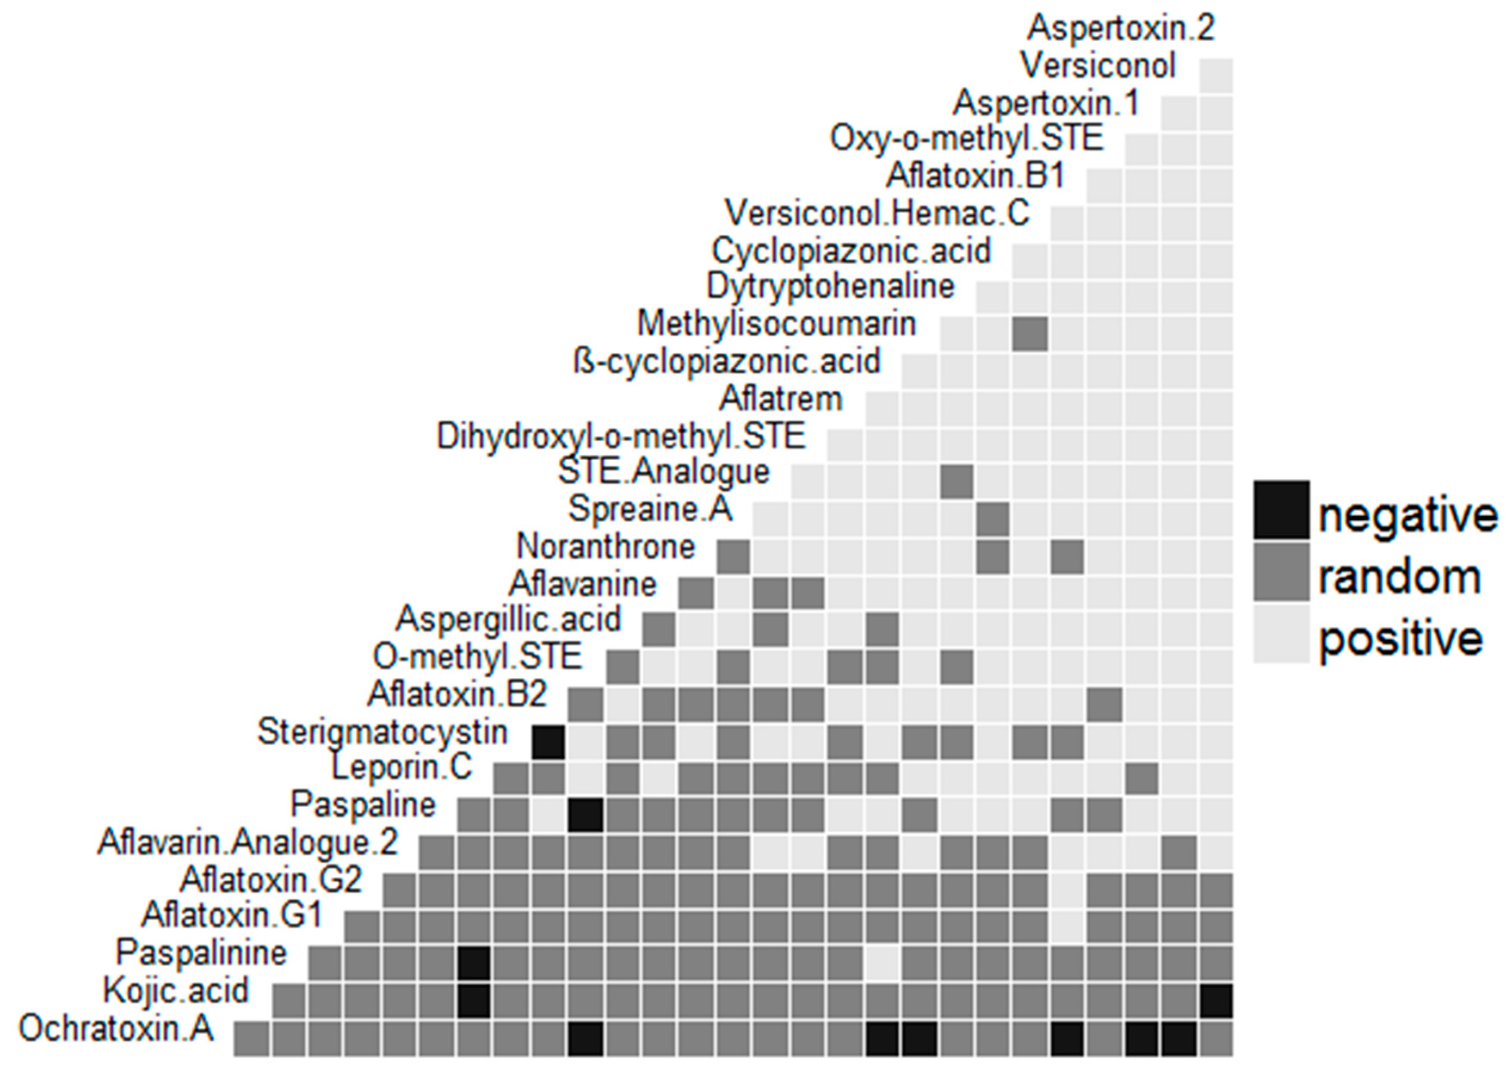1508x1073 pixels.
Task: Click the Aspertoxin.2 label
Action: tap(1120, 28)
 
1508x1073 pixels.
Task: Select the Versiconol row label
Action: tap(1098, 65)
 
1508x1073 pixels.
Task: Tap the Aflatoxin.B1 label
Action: tap(975, 177)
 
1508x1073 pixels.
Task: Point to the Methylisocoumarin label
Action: tap(776, 324)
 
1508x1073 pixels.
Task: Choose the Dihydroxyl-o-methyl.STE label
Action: tap(621, 437)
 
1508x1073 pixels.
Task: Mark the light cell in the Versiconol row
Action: tap(1215, 75)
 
